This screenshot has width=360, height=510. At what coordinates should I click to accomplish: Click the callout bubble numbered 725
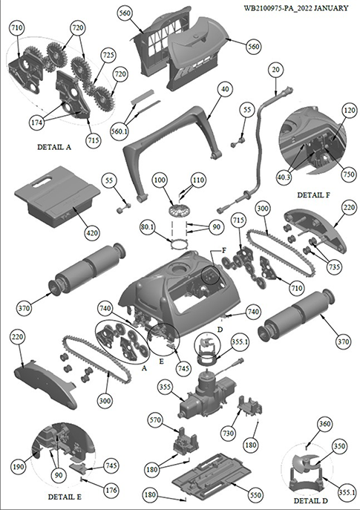click(108, 55)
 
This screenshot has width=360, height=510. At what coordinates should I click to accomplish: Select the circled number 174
click(37, 122)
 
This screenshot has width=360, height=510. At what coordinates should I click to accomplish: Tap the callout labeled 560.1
click(120, 131)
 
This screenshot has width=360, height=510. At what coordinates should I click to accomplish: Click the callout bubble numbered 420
click(92, 233)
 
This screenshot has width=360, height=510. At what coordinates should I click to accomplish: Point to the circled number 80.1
click(147, 226)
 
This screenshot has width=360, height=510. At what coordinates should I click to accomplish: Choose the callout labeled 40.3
click(284, 177)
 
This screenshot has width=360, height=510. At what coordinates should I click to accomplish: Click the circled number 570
click(155, 420)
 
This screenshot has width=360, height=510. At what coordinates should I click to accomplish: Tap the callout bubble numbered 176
click(111, 490)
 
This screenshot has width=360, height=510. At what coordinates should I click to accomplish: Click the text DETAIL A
click(54, 147)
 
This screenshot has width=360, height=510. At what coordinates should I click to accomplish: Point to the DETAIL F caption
click(313, 195)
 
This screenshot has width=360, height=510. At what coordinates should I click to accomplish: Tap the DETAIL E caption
click(65, 497)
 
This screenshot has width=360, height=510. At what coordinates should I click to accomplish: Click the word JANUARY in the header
click(331, 8)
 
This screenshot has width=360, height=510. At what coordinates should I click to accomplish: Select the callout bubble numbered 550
click(255, 495)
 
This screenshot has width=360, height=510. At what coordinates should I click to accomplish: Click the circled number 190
click(19, 467)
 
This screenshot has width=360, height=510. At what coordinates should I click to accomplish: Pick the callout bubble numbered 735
click(334, 267)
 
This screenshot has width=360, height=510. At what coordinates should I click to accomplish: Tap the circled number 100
click(160, 180)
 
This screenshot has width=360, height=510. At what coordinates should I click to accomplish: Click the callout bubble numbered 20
click(276, 70)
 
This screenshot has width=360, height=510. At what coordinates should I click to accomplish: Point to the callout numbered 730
click(228, 434)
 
